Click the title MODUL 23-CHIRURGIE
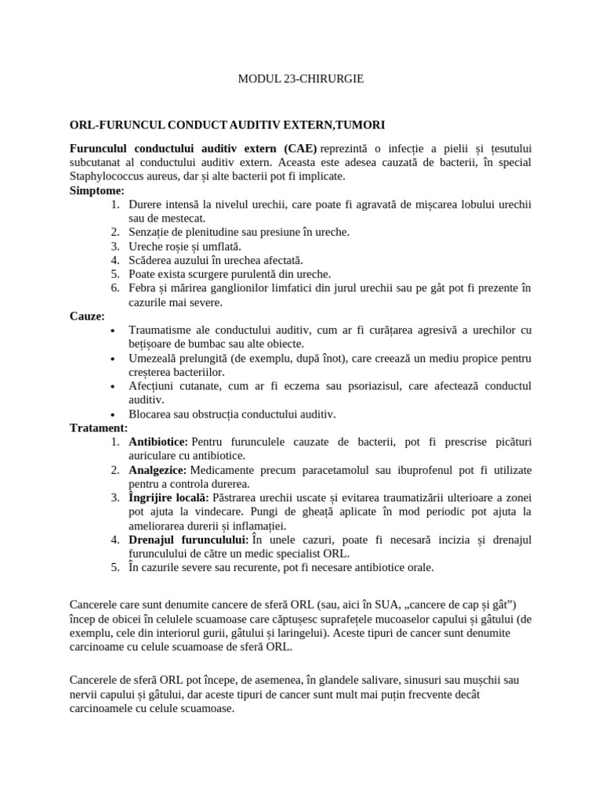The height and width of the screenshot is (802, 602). [x=300, y=79]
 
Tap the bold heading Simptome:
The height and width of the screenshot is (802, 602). [x=96, y=190]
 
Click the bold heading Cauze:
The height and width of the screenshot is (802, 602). [x=87, y=316]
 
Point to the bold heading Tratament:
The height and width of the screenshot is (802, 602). [x=99, y=428]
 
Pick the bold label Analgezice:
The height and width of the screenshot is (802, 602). [x=158, y=470]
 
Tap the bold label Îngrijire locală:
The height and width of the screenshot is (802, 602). [x=169, y=497]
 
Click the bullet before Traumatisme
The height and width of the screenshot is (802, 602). [x=114, y=331]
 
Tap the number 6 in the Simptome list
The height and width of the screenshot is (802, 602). [x=114, y=288]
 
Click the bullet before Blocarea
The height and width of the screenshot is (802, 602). [x=114, y=415]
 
